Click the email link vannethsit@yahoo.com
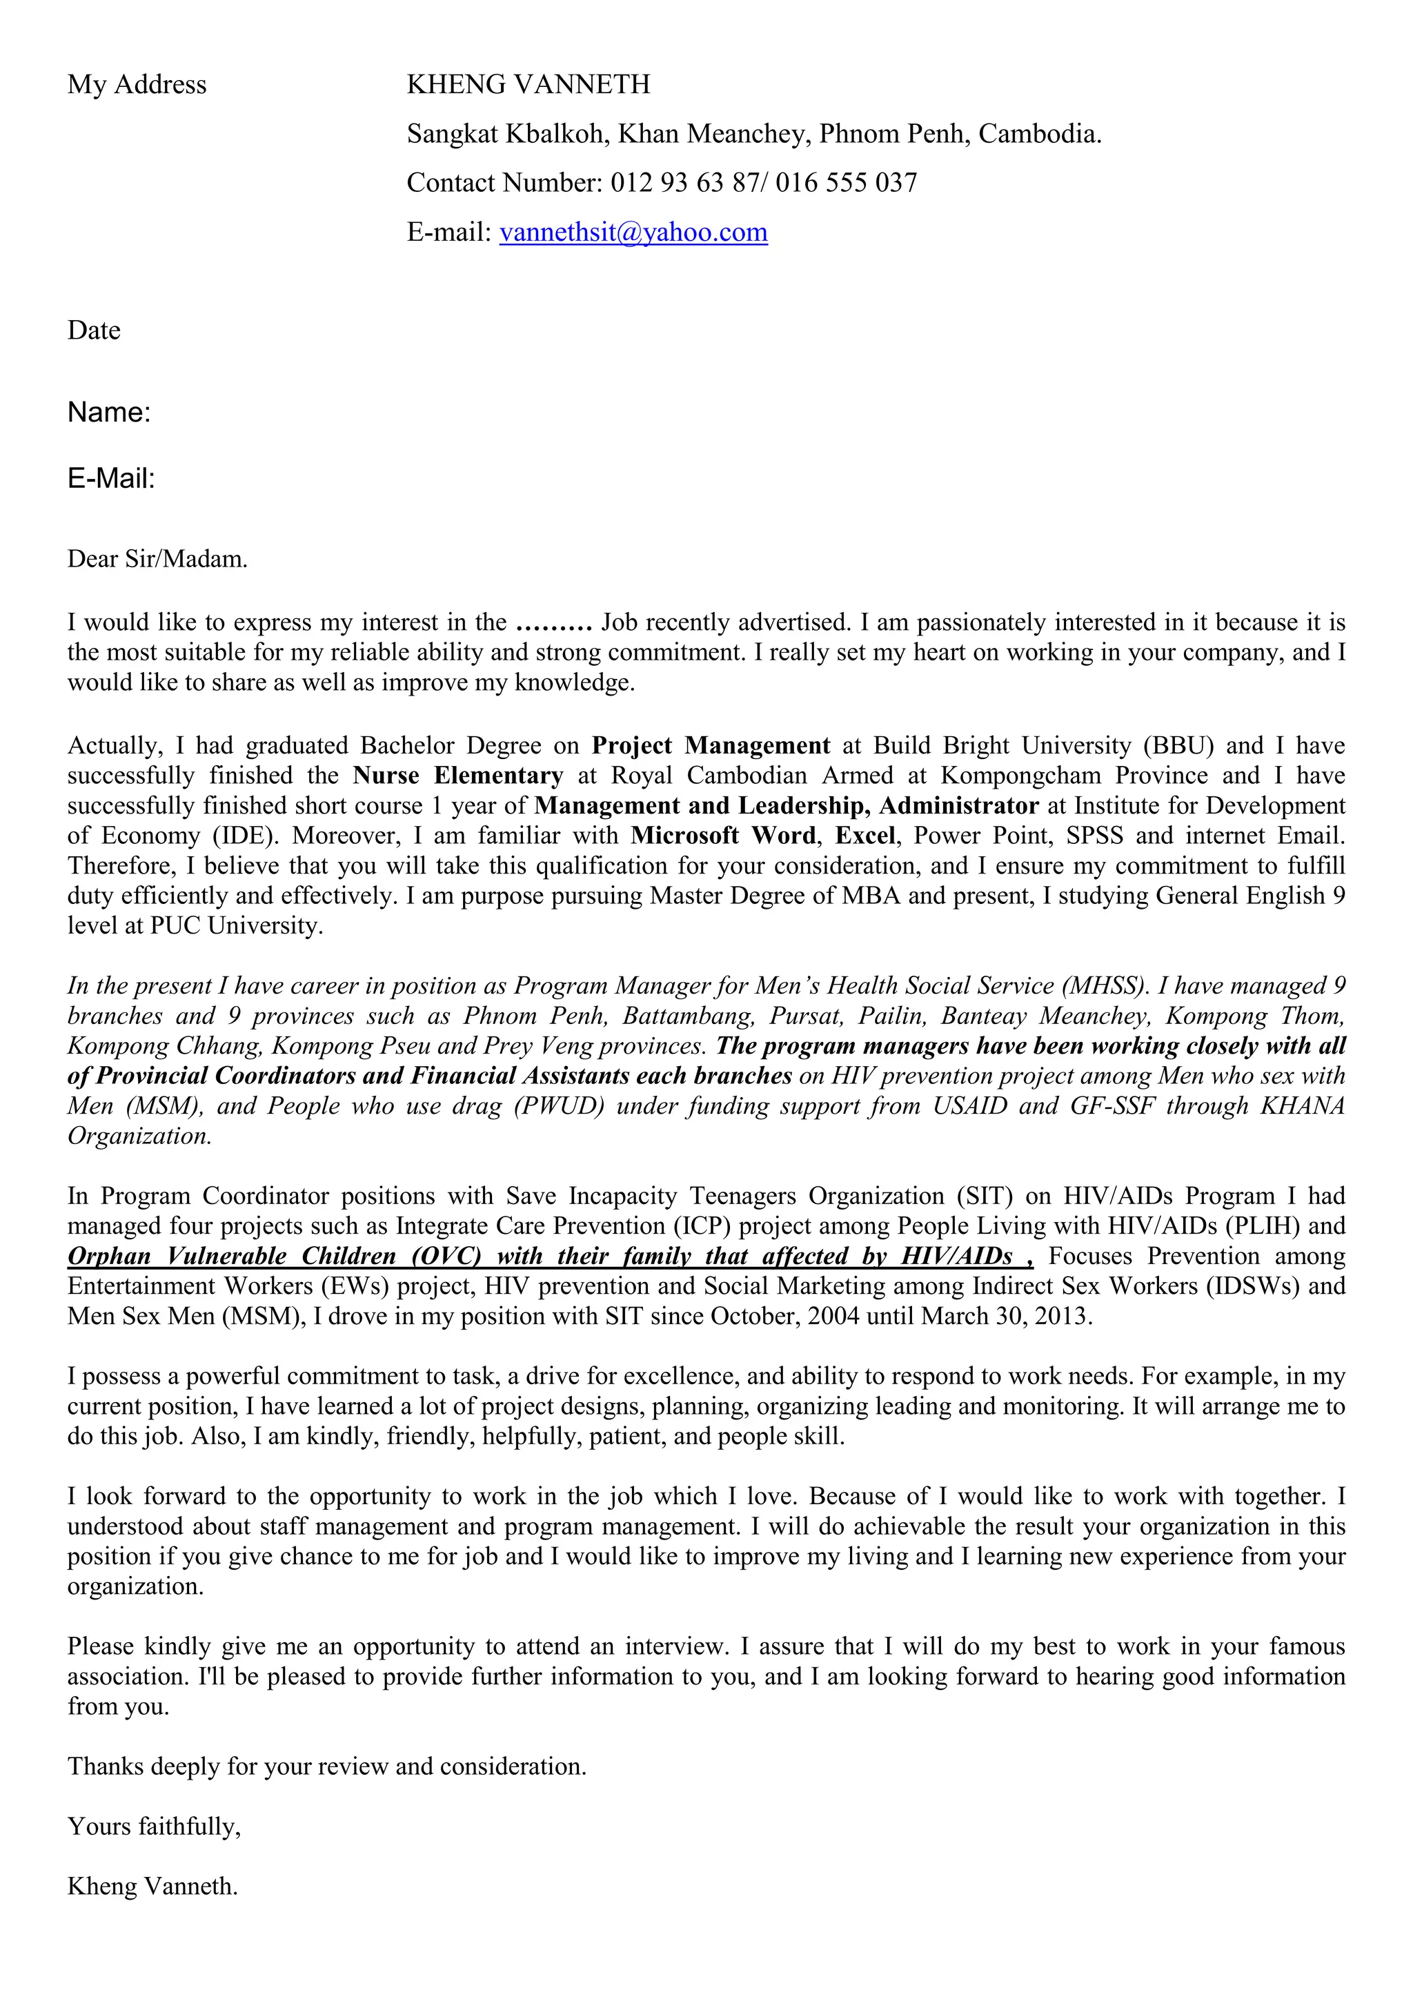(x=633, y=233)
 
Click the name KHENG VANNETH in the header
(x=528, y=84)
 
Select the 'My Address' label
(x=137, y=84)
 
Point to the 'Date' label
(x=94, y=331)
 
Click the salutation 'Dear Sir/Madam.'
(x=157, y=559)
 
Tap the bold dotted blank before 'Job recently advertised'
(x=554, y=623)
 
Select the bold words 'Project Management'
(x=711, y=746)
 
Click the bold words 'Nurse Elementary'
(x=458, y=776)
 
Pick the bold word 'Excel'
(x=864, y=836)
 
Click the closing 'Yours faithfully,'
(x=154, y=1826)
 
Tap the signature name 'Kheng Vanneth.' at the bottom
(x=152, y=1887)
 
